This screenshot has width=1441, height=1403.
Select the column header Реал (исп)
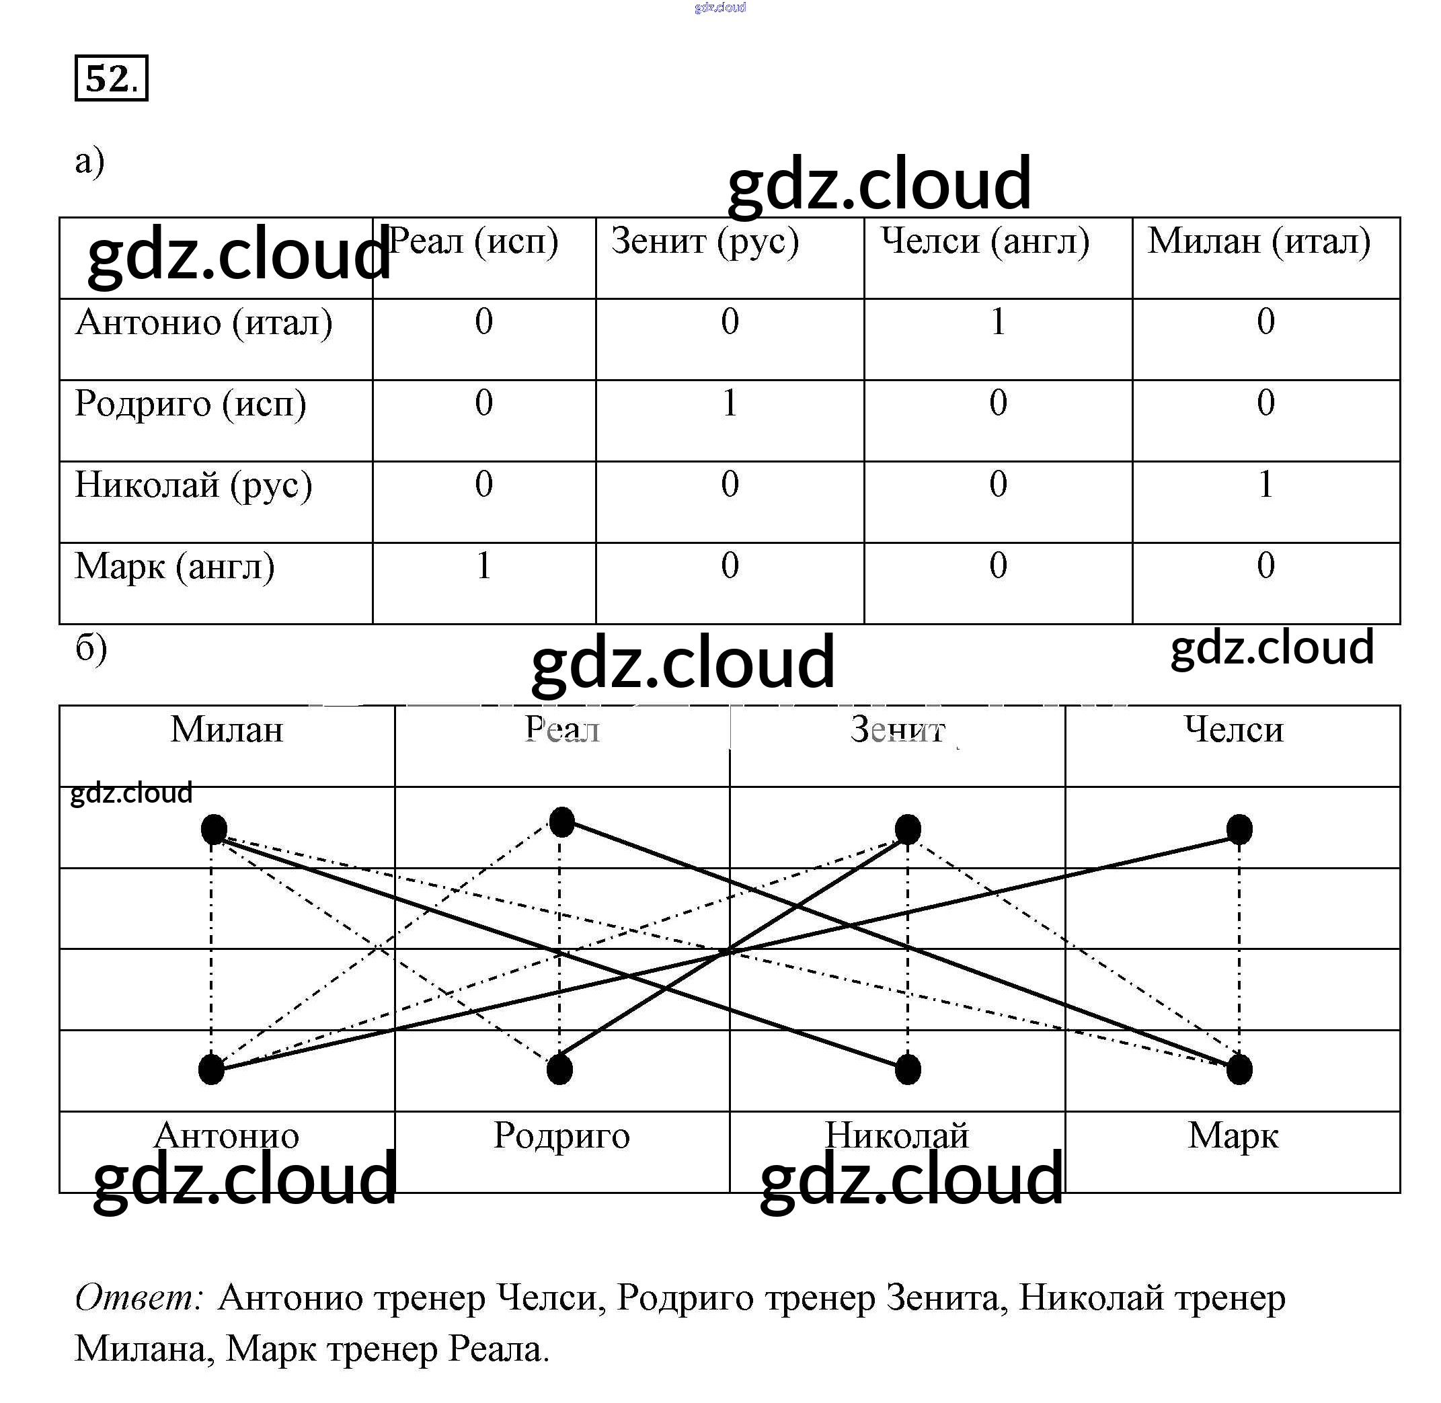point(473,242)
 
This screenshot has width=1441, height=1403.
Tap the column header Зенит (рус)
point(705,242)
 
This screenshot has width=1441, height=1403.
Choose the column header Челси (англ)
point(984,242)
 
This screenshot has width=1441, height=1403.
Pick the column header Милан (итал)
point(1258,242)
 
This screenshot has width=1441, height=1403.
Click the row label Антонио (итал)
point(204,323)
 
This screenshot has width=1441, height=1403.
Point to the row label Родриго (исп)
point(190,405)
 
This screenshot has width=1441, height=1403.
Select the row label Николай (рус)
point(193,485)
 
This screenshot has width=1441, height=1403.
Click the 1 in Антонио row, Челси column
point(997,322)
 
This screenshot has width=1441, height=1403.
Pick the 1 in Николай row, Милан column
point(1265,485)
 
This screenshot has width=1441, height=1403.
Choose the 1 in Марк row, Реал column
point(483,566)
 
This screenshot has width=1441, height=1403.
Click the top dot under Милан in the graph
point(214,830)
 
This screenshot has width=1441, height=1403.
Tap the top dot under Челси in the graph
point(1239,830)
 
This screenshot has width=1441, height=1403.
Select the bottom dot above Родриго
point(559,1069)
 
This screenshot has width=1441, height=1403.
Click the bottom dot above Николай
point(907,1069)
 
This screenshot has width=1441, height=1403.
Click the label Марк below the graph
point(1233,1135)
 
